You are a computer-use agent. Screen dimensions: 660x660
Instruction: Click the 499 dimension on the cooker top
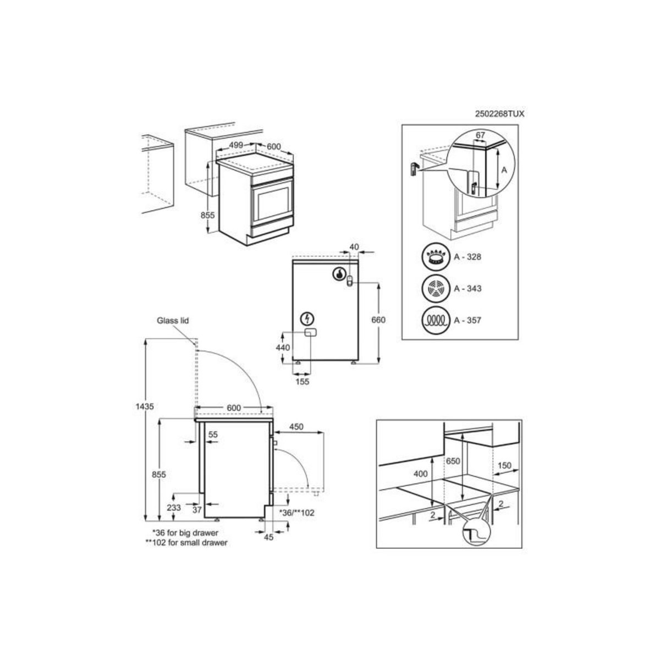coord(237,146)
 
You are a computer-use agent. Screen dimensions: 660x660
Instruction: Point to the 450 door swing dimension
coord(296,426)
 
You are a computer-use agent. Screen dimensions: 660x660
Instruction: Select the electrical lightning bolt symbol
coord(307,319)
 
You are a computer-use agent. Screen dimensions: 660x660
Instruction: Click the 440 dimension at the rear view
coord(282,348)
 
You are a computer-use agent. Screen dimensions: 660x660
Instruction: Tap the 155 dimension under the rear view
coord(302,381)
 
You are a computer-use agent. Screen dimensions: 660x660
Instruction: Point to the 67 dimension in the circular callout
coord(481,135)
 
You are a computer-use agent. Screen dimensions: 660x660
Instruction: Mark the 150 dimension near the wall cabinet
coord(504,465)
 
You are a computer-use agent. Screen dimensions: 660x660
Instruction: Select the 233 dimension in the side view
coord(173,508)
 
